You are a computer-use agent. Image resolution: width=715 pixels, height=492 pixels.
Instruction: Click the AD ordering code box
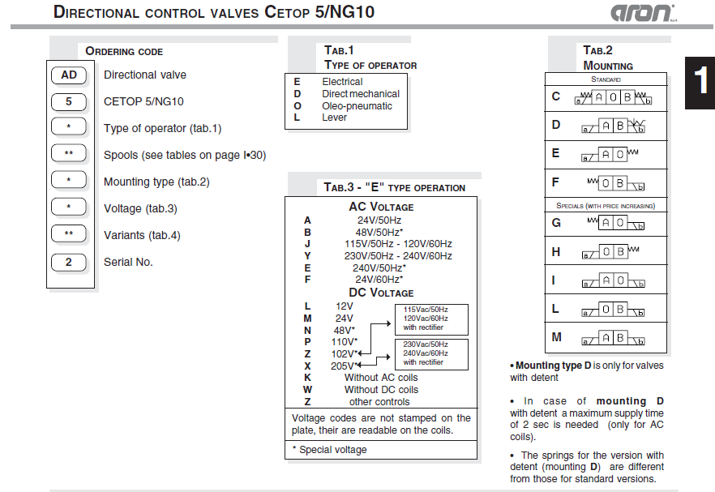click(69, 75)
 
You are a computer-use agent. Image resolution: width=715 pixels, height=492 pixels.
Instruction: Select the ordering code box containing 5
click(69, 102)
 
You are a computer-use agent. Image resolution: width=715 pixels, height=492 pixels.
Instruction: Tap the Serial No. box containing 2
click(69, 263)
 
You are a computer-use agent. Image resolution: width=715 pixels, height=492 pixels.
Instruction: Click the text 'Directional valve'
click(145, 75)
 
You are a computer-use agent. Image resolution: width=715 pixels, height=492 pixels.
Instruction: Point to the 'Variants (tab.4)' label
click(142, 235)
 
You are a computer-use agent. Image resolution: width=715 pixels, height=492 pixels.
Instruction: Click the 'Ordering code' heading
click(124, 51)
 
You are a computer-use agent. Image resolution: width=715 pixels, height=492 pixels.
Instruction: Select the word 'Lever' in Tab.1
click(335, 118)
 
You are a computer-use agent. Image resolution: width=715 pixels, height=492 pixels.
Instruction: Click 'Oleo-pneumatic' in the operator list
click(357, 106)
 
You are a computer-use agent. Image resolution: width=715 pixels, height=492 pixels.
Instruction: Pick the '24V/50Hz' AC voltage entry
click(379, 220)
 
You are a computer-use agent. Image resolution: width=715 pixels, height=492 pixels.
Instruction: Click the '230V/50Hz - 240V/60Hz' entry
click(398, 256)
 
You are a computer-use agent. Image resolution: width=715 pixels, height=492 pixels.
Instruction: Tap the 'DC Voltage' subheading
click(381, 293)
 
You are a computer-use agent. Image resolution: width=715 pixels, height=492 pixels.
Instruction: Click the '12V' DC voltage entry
click(345, 306)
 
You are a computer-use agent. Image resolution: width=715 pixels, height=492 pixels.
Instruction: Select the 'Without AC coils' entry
click(381, 378)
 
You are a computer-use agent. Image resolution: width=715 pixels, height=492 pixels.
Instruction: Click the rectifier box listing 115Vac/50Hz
click(430, 319)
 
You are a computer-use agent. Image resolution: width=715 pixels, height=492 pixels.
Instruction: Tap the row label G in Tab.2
click(556, 223)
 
